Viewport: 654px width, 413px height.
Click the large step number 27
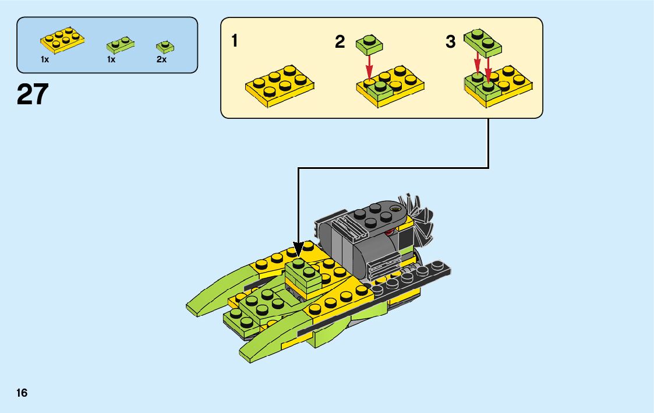pyautogui.click(x=33, y=94)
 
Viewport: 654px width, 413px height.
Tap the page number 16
pyautogui.click(x=22, y=393)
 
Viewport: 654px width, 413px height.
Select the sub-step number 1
pyautogui.click(x=234, y=41)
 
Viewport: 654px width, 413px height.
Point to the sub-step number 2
pyautogui.click(x=340, y=42)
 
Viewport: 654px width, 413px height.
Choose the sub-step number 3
pyautogui.click(x=451, y=42)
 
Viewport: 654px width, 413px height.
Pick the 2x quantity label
pyautogui.click(x=161, y=59)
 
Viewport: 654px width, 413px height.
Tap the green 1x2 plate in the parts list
pyautogui.click(x=121, y=44)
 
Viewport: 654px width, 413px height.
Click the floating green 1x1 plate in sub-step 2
pyautogui.click(x=368, y=42)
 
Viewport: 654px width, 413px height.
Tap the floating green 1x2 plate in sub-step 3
pyautogui.click(x=483, y=41)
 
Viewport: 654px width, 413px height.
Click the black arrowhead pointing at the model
pyautogui.click(x=298, y=250)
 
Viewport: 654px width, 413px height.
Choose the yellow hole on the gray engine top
pyautogui.click(x=397, y=207)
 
